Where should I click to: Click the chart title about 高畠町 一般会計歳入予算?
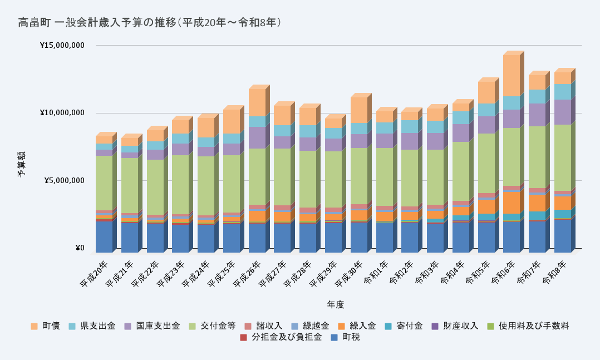150,23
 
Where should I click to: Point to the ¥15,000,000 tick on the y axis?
62,45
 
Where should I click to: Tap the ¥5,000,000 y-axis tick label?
64,180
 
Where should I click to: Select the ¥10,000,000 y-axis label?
62,113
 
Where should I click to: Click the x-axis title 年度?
336,304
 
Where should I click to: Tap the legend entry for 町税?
351,337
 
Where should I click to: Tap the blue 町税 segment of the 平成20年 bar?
104,236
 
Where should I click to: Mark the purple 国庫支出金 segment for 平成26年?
257,137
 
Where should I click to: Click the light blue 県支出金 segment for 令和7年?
537,96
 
